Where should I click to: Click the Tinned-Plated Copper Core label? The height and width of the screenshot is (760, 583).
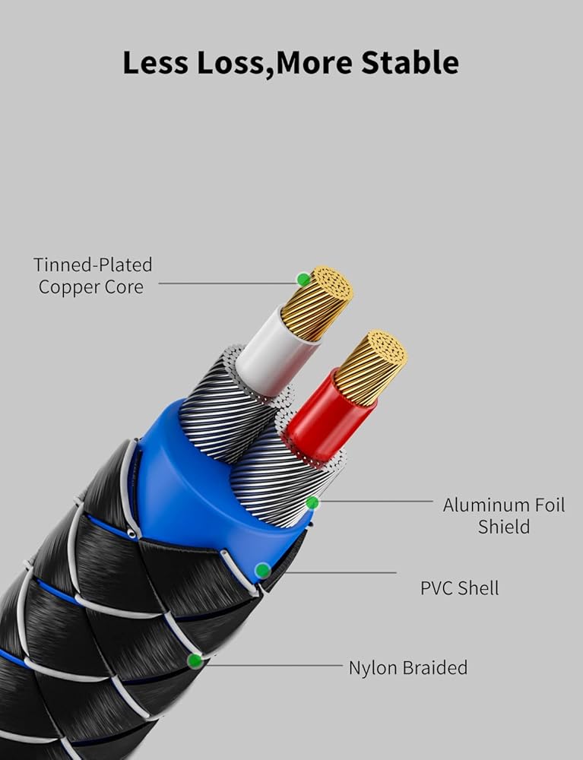tap(92, 275)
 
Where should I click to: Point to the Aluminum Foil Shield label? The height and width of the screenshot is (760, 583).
tap(504, 515)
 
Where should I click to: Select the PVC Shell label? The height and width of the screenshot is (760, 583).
tap(459, 587)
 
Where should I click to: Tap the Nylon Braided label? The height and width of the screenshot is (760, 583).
tap(407, 668)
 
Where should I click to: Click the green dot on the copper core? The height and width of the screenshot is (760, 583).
tap(303, 279)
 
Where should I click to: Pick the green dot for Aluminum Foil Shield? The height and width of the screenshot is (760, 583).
tap(312, 502)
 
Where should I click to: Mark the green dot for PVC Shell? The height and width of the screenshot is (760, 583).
tap(262, 570)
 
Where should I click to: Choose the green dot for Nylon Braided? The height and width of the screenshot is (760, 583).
tap(195, 660)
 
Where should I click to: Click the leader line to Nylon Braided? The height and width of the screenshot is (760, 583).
tap(274, 666)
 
